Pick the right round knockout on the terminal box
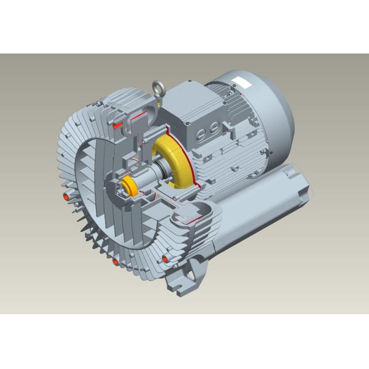pos(210,129)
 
